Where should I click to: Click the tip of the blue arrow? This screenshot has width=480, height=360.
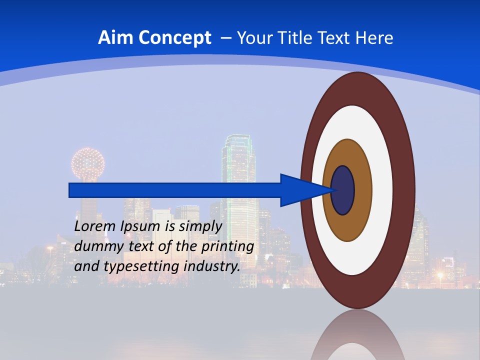pos(331,190)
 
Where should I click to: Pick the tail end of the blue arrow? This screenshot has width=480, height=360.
pos(70,190)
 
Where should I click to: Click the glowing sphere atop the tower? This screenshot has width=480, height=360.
pos(88,163)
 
